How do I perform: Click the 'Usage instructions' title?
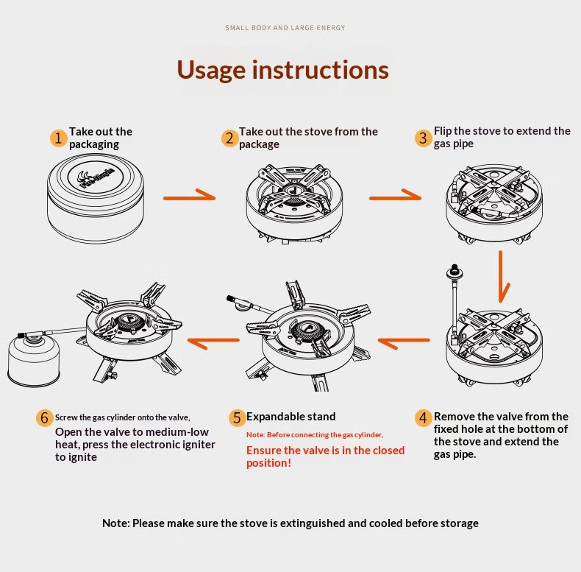282,70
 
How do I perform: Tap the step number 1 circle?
58,138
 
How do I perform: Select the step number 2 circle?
229,138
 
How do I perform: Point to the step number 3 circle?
422,138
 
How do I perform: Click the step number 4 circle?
422,417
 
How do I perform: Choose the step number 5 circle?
236,417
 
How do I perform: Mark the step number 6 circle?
44,417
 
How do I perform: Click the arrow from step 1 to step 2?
189,197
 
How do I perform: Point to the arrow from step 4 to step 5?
403,341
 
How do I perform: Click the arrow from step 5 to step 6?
214,340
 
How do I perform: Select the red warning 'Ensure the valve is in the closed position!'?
325,456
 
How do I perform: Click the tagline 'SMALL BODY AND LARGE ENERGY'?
285,28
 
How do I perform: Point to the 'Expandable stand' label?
290,417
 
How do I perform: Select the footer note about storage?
290,523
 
